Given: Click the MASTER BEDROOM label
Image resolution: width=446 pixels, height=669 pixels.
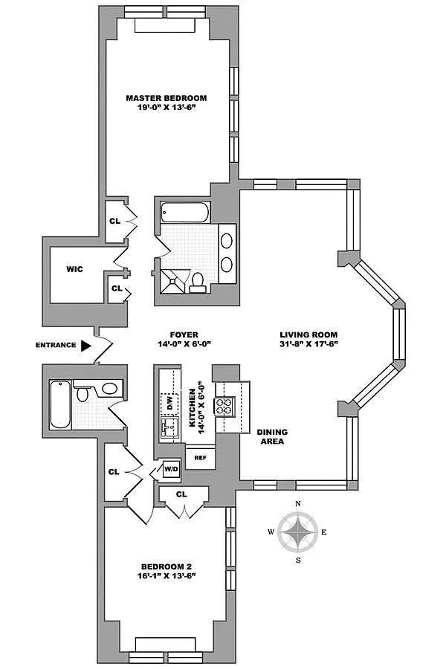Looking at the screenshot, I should tap(166, 98).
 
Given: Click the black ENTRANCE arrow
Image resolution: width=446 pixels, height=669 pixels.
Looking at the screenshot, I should tap(86, 345).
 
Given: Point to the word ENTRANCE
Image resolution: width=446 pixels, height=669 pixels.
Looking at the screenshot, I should tap(55, 345).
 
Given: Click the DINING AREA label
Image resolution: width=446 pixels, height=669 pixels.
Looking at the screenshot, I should tap(271, 436).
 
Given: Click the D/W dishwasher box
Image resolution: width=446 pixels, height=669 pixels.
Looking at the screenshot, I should tap(169, 404).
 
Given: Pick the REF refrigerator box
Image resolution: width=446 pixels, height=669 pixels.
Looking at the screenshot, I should tap(200, 458).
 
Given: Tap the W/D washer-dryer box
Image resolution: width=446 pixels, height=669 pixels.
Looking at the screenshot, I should tap(171, 470).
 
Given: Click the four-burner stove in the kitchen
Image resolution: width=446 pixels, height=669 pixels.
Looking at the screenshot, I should tap(224, 406).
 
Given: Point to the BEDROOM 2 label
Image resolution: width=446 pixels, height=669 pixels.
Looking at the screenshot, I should tap(166, 565).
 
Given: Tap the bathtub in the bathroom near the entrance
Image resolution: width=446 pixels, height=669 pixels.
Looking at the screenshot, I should tap(60, 404).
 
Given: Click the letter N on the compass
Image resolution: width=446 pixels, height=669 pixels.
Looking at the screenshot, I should tap(298, 504).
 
